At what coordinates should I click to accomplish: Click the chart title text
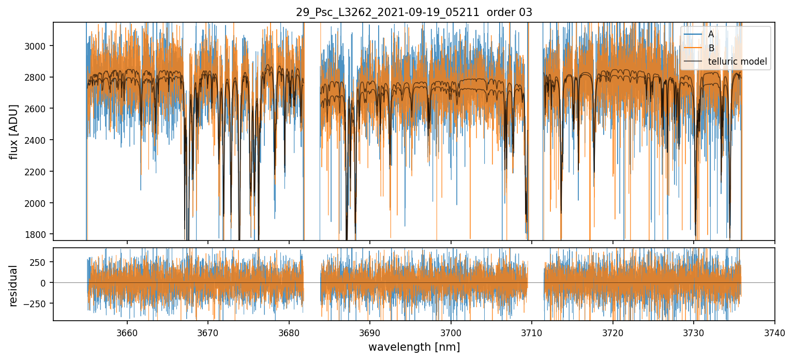tap(414, 12)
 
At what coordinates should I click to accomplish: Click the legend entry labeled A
tap(711, 34)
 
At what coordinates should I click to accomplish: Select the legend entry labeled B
tap(711, 48)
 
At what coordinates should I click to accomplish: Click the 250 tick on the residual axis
tap(40, 262)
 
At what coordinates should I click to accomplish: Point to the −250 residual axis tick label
tap(37, 304)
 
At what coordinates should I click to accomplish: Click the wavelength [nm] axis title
tap(414, 347)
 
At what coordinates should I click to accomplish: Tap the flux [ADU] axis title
tap(14, 131)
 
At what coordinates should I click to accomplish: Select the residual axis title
tap(14, 286)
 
